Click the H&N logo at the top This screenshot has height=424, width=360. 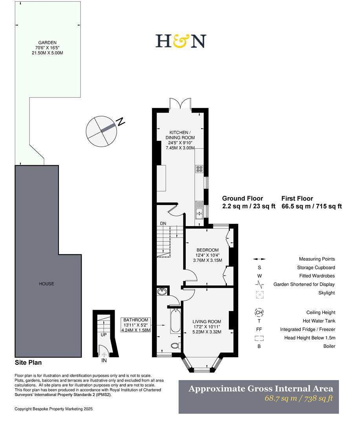[181, 41]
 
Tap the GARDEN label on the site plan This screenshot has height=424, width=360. [47, 42]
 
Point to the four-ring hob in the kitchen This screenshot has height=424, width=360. [199, 170]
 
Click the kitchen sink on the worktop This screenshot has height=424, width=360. [199, 214]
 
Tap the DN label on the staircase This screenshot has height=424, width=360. [163, 223]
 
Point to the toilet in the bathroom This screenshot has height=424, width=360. [175, 346]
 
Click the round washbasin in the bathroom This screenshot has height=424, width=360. [162, 292]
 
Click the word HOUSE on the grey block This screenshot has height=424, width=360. [46, 284]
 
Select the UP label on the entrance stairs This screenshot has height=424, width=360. [104, 335]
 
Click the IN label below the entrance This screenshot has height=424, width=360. [104, 360]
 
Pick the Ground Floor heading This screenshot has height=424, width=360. [242, 199]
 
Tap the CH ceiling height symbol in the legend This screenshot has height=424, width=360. [259, 313]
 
